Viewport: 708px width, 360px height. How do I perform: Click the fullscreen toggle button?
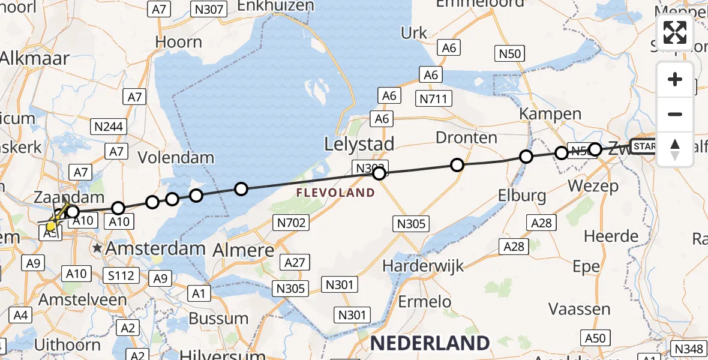pos(675,32)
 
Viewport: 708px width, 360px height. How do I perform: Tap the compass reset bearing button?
pos(675,149)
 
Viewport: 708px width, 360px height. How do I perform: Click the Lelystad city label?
pos(359,144)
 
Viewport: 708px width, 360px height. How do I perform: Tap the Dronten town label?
pos(466,137)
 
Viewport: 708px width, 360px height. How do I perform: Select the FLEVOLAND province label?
pos(335,193)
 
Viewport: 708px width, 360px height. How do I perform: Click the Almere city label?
pos(244,250)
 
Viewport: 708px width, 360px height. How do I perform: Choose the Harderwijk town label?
pos(433,265)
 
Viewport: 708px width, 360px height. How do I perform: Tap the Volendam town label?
pos(176,158)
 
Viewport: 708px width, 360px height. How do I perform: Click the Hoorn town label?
pos(178,42)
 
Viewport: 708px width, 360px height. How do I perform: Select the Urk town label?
pos(414,33)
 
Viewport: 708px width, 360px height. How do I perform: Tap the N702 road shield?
pos(292,223)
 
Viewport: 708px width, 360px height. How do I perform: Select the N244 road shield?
pos(109,126)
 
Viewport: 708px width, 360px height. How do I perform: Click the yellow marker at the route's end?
pos(52,226)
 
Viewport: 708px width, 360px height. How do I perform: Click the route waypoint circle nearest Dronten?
pos(457,165)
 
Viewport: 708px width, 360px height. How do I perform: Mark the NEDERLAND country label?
pos(430,343)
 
